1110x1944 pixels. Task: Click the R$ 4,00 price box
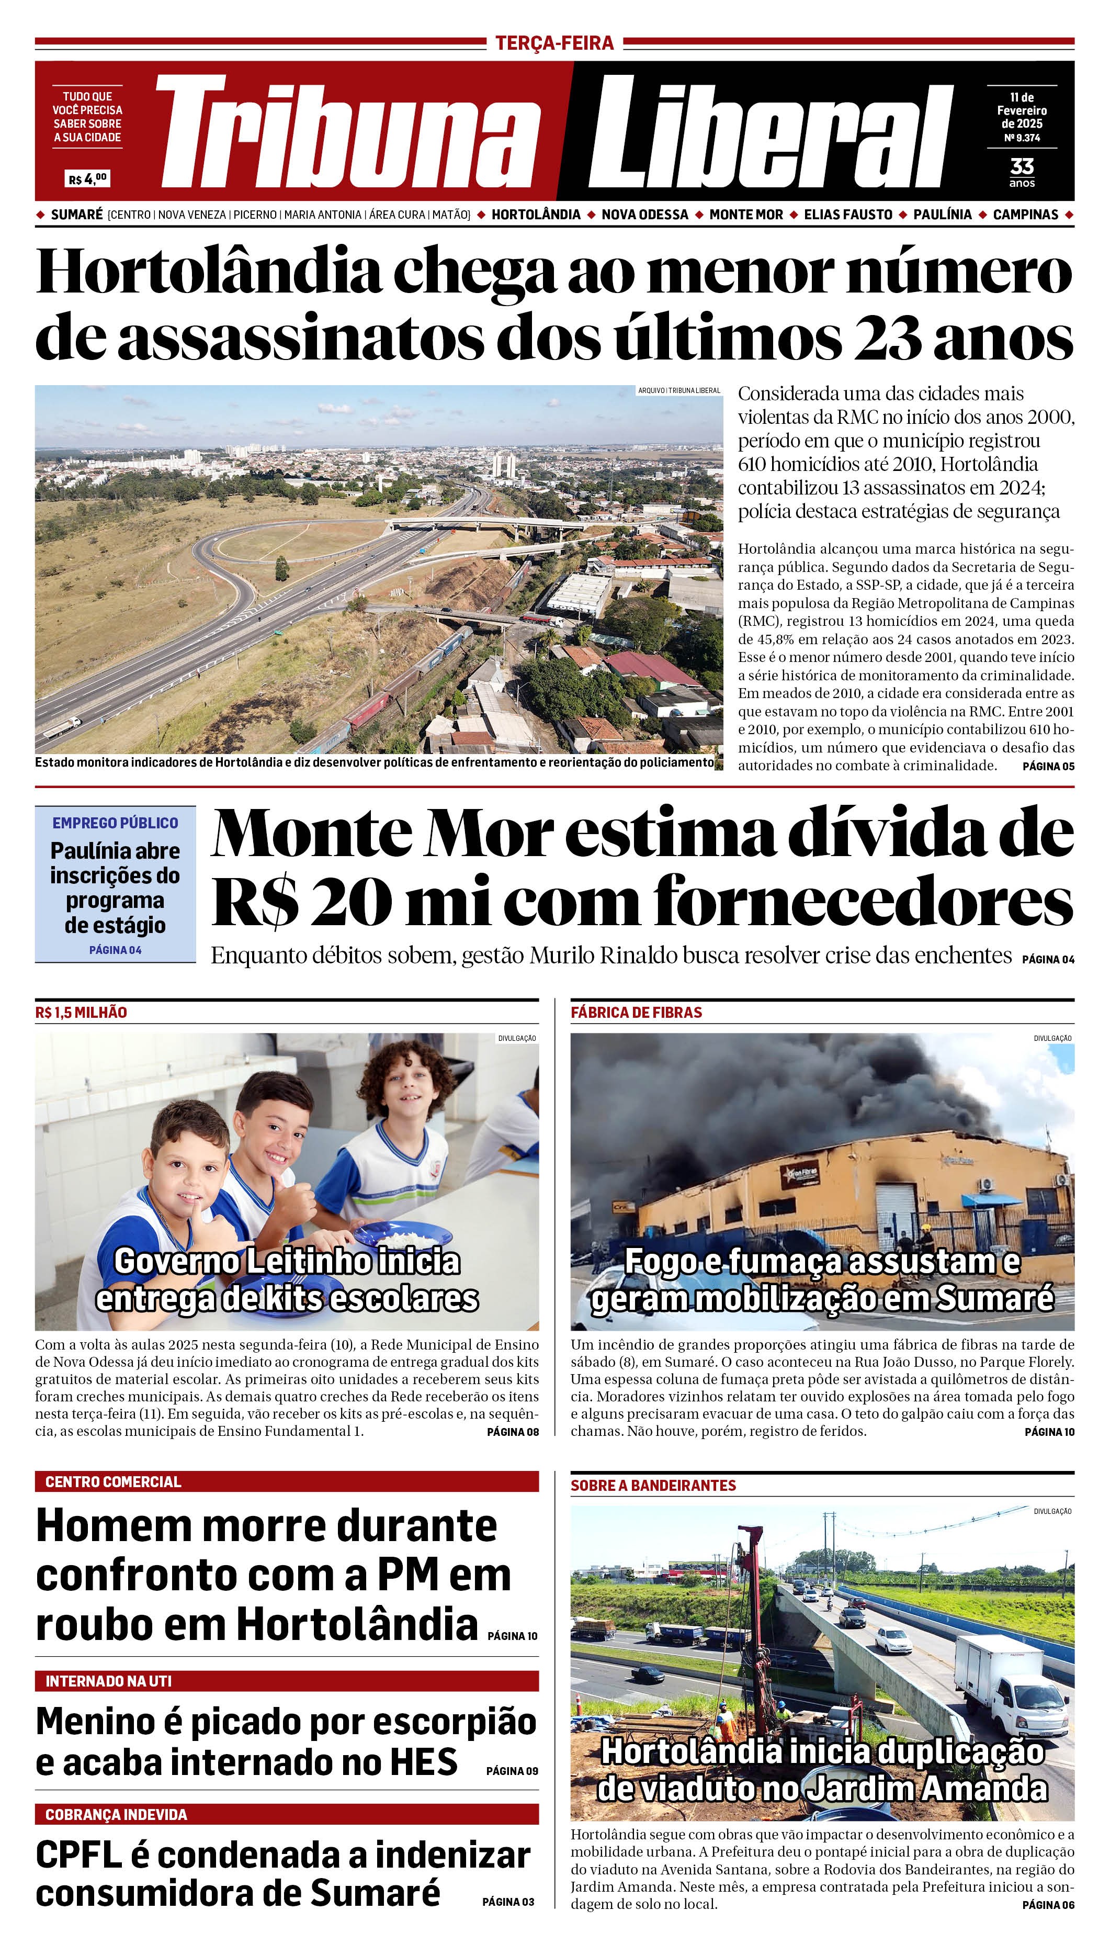[x=88, y=179]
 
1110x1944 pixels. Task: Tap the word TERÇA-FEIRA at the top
[x=554, y=43]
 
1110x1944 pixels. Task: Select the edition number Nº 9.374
[x=1022, y=138]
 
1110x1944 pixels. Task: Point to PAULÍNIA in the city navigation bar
[x=942, y=215]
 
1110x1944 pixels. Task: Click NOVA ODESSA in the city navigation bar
[x=644, y=215]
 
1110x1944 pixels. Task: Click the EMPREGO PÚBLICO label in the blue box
[x=115, y=823]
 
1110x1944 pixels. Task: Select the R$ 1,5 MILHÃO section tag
[x=81, y=1012]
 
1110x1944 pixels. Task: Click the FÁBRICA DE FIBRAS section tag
[x=636, y=1012]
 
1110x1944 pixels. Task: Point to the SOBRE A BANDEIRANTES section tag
[x=653, y=1485]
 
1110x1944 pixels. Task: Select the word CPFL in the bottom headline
[x=78, y=1856]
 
